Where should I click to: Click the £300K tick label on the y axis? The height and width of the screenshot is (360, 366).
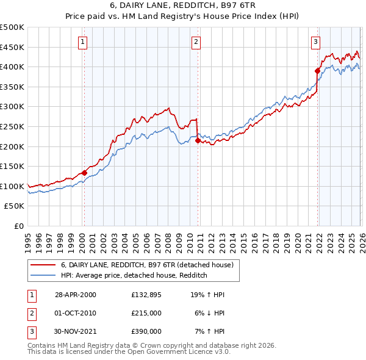(x=12, y=107)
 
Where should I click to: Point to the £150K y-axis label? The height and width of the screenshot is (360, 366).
(x=12, y=166)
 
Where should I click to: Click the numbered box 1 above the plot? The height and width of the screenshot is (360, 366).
(x=82, y=42)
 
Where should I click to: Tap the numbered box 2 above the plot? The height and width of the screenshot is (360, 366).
(x=196, y=42)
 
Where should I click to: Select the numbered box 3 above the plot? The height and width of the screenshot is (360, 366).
(x=315, y=42)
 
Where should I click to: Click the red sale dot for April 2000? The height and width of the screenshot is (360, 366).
(x=84, y=173)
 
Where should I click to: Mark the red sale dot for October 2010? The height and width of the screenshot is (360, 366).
(x=198, y=140)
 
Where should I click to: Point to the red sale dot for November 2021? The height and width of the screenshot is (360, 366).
(x=318, y=71)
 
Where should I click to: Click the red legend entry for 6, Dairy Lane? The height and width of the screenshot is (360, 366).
(x=146, y=265)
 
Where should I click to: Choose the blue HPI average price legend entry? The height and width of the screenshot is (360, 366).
(x=134, y=275)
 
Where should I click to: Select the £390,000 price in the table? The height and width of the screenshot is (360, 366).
(x=146, y=331)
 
